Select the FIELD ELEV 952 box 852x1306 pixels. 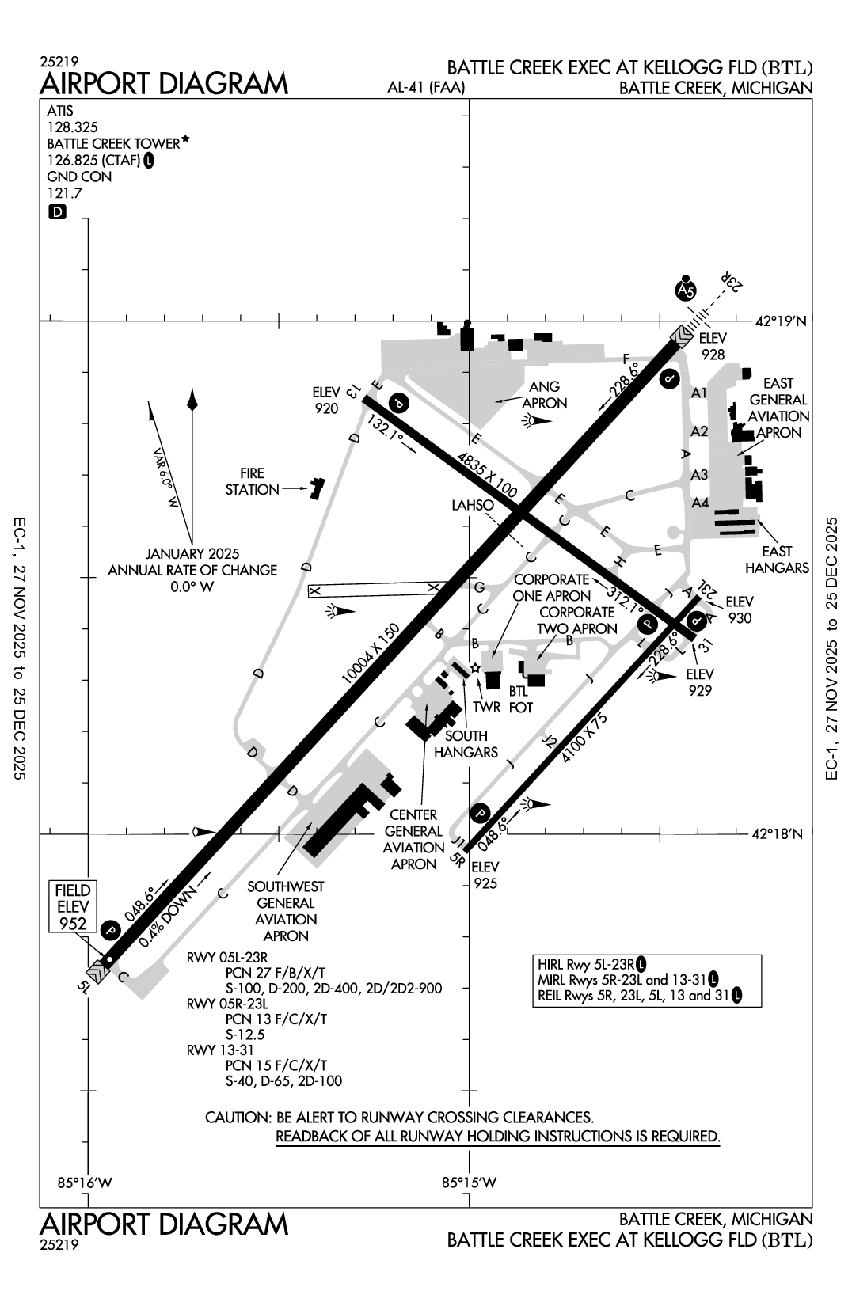click(73, 906)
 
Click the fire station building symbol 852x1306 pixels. click(317, 488)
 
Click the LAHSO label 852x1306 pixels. click(473, 505)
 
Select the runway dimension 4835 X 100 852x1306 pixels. click(487, 475)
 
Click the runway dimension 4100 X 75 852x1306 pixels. click(584, 737)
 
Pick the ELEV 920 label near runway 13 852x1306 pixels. click(325, 400)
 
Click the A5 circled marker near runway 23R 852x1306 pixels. click(687, 290)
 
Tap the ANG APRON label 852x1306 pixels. click(545, 394)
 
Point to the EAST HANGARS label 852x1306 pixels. click(777, 559)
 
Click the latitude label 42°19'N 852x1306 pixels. click(780, 321)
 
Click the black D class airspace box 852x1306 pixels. click(57, 212)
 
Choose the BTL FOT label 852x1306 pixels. click(520, 699)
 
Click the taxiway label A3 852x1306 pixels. click(699, 475)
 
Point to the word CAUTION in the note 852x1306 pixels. click(236, 1118)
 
